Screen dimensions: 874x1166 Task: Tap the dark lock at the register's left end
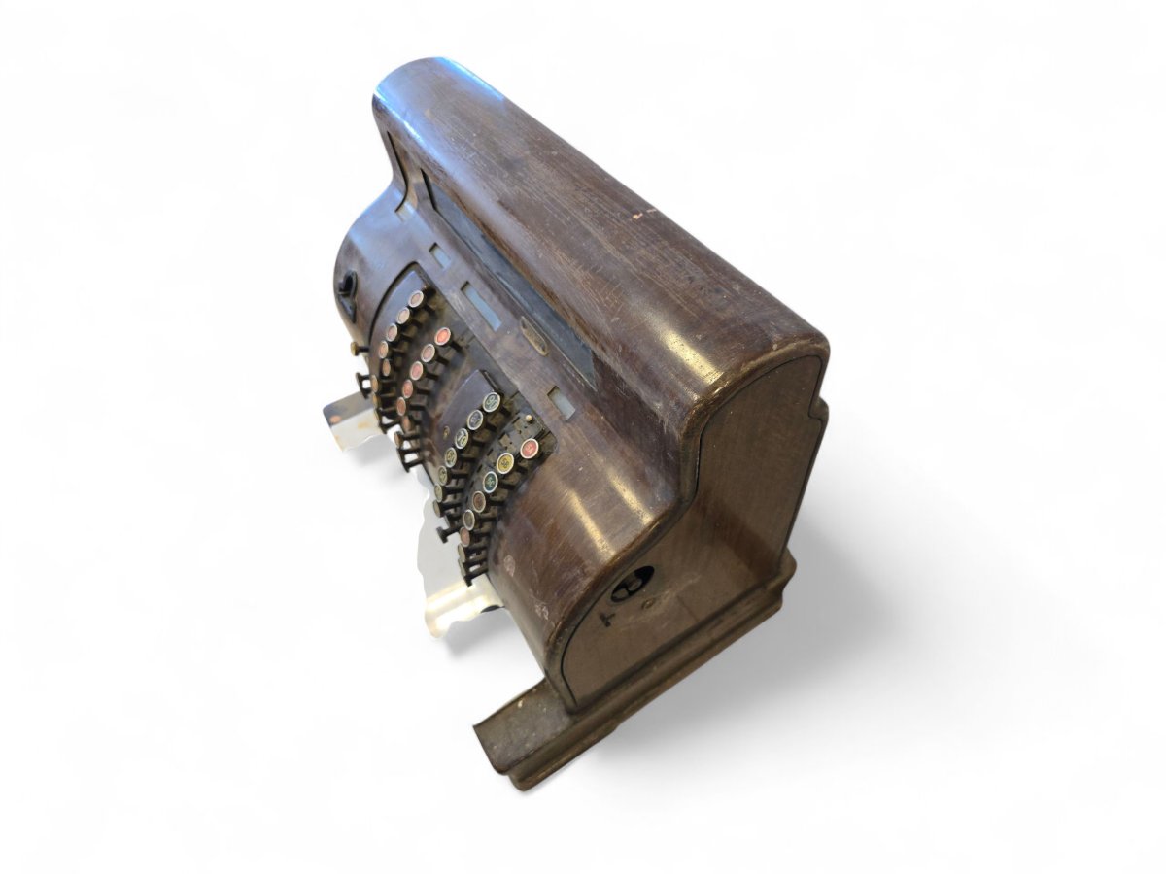(x=347, y=285)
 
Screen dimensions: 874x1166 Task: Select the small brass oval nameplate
(x=533, y=336)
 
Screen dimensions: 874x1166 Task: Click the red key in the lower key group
(x=529, y=448)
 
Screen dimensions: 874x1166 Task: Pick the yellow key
(x=504, y=463)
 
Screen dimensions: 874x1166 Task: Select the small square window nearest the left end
(x=439, y=255)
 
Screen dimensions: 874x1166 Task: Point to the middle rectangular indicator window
(x=481, y=304)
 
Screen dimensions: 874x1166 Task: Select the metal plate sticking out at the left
(x=343, y=418)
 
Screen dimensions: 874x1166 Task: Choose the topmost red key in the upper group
(x=442, y=336)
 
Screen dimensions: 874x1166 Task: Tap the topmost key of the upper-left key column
(x=417, y=298)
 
